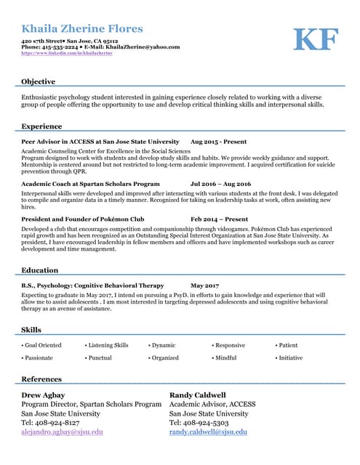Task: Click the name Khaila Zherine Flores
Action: (82, 29)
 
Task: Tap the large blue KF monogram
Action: (315, 39)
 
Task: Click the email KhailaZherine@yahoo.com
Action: (143, 47)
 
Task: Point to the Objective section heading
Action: (38, 81)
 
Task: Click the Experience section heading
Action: (41, 126)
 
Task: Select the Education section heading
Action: (40, 270)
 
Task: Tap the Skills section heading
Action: (31, 330)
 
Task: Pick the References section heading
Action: (41, 379)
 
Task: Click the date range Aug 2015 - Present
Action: (218, 142)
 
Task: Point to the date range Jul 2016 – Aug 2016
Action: (220, 185)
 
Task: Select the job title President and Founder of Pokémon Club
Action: (83, 219)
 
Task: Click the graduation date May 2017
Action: (205, 286)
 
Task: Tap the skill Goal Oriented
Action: (43, 345)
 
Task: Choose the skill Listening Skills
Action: (108, 345)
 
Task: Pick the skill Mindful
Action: (225, 357)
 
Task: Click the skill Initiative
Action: (290, 357)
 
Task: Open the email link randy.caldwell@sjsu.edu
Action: (208, 432)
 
